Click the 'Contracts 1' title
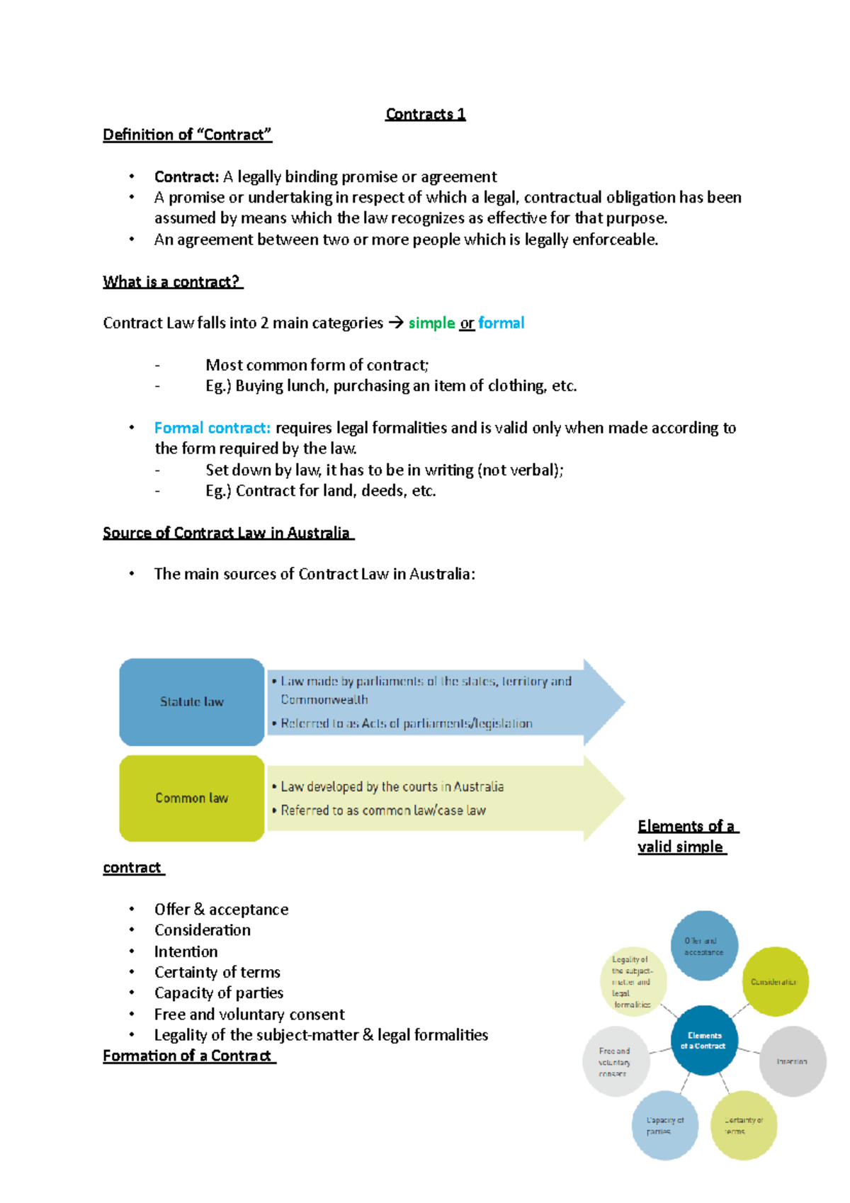425,114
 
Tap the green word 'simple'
431,323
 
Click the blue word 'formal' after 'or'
501,323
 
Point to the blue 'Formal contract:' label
212,428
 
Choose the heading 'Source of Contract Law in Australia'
227,533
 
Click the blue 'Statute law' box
191,701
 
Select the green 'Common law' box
191,798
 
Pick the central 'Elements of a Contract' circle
704,1040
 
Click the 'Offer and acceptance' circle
704,946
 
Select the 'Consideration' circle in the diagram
774,981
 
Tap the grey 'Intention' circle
792,1061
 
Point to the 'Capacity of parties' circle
664,1125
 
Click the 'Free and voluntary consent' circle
615,1061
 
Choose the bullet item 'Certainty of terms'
217,972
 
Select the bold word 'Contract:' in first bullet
187,176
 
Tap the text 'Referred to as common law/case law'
383,811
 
